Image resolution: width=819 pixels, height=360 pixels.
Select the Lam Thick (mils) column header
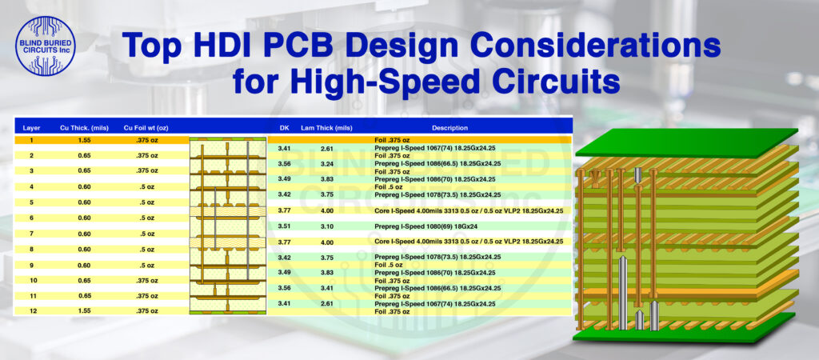coord(326,127)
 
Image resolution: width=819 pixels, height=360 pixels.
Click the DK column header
coord(284,127)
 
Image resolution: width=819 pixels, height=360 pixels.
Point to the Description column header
coord(449,127)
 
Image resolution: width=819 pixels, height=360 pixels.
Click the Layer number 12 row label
coord(34,310)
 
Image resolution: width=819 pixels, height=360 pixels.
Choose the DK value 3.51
coord(284,226)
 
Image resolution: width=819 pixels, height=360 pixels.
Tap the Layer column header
coord(32,127)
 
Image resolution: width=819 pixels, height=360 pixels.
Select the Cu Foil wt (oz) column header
coord(144,127)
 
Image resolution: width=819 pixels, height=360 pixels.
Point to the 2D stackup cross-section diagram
coord(228,226)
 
